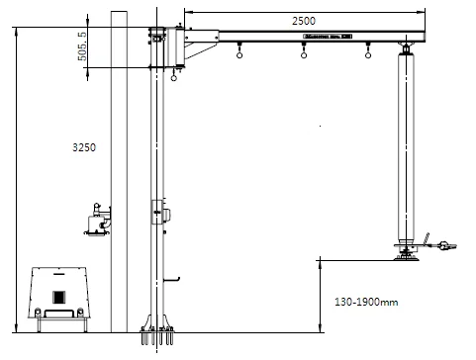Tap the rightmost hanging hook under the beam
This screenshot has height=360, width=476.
point(368,54)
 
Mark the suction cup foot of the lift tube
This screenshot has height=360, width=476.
point(406,258)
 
